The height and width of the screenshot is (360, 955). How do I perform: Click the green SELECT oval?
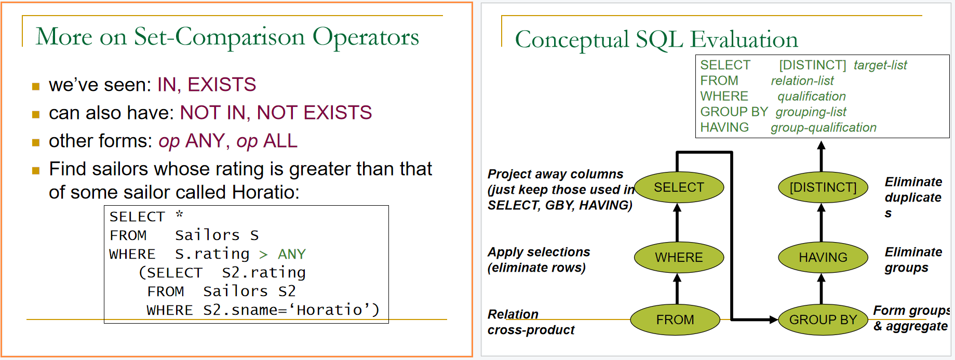[x=679, y=187]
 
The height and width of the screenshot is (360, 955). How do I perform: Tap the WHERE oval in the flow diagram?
[x=679, y=257]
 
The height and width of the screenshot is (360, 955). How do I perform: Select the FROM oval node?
[x=675, y=319]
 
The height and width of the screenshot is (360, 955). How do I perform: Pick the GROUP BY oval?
[x=823, y=319]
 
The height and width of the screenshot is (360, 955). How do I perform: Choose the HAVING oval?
[x=823, y=257]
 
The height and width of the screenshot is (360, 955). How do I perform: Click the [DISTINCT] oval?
[x=823, y=187]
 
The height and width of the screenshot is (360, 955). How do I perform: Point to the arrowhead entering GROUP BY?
[x=774, y=319]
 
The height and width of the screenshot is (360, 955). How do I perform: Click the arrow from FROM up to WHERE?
[x=677, y=289]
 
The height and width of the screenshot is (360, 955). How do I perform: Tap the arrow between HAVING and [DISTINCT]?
[x=821, y=222]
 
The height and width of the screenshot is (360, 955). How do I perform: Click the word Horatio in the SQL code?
[x=329, y=310]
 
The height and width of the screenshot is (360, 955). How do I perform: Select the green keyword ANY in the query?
[x=292, y=254]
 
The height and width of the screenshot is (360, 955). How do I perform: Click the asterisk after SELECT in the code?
[x=179, y=214]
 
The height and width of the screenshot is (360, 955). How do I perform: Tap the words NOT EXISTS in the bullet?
[x=314, y=113]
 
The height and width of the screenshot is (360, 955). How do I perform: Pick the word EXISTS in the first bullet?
[x=222, y=85]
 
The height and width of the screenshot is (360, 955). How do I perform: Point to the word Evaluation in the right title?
[x=744, y=39]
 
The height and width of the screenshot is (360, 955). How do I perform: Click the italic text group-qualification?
[x=824, y=127]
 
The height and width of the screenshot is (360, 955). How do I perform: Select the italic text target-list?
[x=880, y=65]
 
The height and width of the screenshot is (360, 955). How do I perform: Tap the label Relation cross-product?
[x=531, y=322]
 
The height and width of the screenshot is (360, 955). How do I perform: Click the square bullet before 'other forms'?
[x=36, y=142]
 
